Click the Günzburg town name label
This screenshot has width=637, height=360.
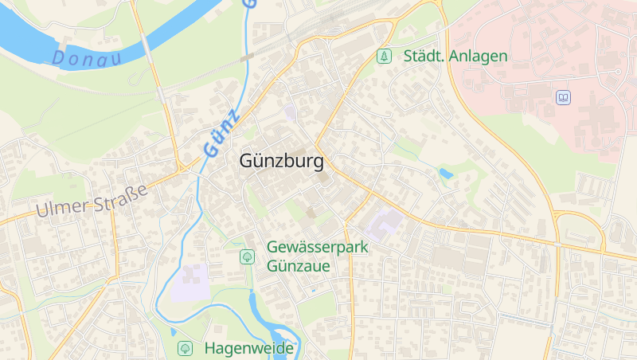tap(282, 162)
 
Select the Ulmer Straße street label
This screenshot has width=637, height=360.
tap(92, 201)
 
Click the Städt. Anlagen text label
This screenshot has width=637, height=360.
tap(455, 56)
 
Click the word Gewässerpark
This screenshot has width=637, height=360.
tap(318, 248)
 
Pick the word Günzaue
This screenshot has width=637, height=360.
tap(298, 265)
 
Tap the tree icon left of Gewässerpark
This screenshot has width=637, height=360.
tap(247, 256)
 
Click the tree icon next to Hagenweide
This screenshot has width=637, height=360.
tap(185, 348)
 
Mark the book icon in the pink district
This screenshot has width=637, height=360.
tap(563, 97)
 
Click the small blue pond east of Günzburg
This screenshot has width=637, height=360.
tap(446, 173)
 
